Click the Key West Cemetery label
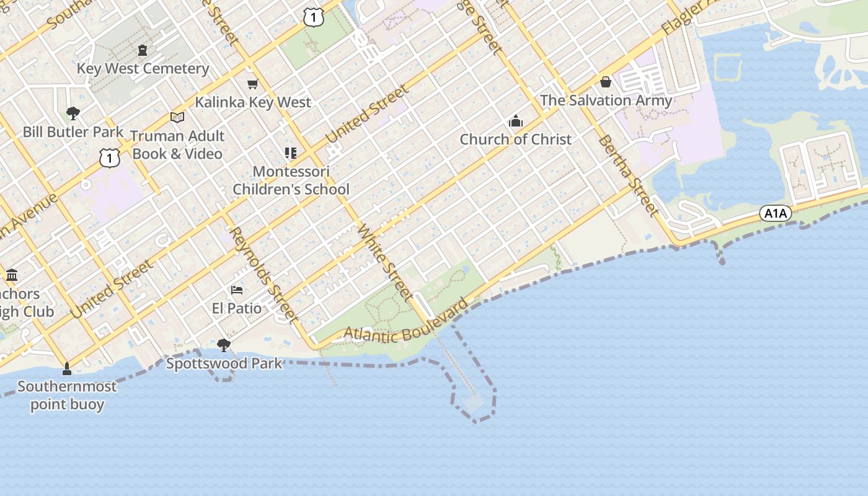[x=143, y=68]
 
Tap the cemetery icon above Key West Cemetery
[x=143, y=50]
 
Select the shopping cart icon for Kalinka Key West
[x=252, y=84]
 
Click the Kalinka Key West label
[x=253, y=102]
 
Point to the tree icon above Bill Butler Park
[x=73, y=113]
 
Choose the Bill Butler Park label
[x=73, y=132]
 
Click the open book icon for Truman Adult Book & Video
[x=177, y=117]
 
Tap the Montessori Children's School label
[x=291, y=180]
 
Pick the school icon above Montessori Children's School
[x=291, y=153]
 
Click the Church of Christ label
[x=515, y=139]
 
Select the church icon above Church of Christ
[x=515, y=122]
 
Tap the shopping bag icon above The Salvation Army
[x=606, y=82]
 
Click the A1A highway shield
[x=776, y=214]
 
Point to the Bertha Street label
[x=628, y=175]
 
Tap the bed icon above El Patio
[x=236, y=290]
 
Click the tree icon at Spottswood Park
[x=224, y=345]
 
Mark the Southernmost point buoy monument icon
[x=67, y=369]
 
